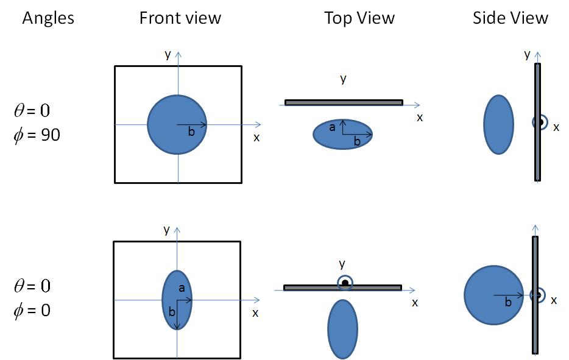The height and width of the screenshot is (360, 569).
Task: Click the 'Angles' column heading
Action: coord(48,18)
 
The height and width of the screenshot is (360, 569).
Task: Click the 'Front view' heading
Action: coord(180,18)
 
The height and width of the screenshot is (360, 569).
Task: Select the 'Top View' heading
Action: coord(359,18)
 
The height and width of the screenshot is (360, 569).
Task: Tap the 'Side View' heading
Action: coord(511,18)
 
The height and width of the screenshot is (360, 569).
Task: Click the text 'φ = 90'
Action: coord(37,135)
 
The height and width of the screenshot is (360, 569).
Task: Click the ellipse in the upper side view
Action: coord(498,124)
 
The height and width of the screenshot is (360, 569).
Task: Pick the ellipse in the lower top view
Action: coord(342,329)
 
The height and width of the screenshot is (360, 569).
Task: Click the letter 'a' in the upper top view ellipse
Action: coord(332,127)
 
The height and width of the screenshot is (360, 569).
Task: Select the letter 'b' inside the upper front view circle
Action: coord(191,132)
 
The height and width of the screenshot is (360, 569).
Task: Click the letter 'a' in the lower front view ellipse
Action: coord(182,288)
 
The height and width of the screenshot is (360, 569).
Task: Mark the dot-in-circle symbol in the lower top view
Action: coord(345,283)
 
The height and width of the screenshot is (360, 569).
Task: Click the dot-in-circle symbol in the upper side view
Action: coord(540,122)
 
